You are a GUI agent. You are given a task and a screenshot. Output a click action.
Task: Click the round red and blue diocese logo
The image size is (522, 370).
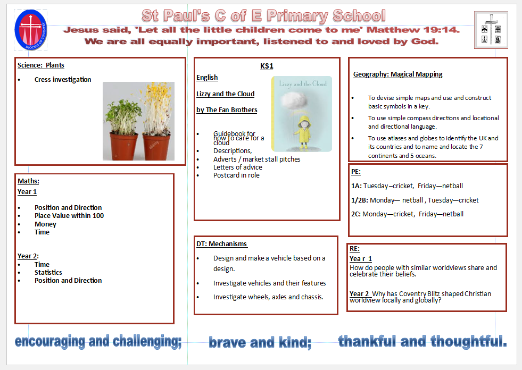pyautogui.click(x=31, y=30)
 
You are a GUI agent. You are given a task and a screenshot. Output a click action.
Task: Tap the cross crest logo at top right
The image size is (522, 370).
pyautogui.click(x=491, y=30)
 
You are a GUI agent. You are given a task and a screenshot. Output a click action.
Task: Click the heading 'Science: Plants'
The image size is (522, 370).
pyautogui.click(x=40, y=65)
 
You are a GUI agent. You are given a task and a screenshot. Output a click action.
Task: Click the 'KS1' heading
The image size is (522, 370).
pyautogui.click(x=267, y=66)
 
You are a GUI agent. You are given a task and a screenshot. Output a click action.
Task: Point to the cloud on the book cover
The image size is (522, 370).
pyautogui.click(x=293, y=99)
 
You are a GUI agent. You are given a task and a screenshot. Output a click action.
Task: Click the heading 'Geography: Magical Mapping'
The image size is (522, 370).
pyautogui.click(x=398, y=74)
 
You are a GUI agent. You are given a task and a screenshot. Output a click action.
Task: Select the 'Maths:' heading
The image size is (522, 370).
pyautogui.click(x=28, y=181)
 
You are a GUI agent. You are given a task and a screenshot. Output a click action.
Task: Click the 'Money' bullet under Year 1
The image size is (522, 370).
pyautogui.click(x=45, y=224)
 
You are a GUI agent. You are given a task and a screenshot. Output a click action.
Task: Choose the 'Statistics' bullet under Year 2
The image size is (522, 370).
pyautogui.click(x=48, y=272)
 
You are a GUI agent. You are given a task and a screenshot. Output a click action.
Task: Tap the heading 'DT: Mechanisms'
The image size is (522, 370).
pyautogui.click(x=222, y=243)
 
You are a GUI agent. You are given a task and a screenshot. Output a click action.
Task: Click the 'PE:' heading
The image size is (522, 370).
pyautogui.click(x=356, y=172)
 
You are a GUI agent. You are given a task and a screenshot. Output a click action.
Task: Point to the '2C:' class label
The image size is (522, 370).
pyautogui.click(x=356, y=214)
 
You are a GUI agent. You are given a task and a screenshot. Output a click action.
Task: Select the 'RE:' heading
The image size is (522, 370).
pyautogui.click(x=354, y=249)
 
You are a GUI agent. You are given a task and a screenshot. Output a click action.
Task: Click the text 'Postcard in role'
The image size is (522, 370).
pyautogui.click(x=236, y=175)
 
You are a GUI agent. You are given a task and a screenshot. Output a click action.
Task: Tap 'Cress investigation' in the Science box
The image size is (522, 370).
pyautogui.click(x=63, y=80)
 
